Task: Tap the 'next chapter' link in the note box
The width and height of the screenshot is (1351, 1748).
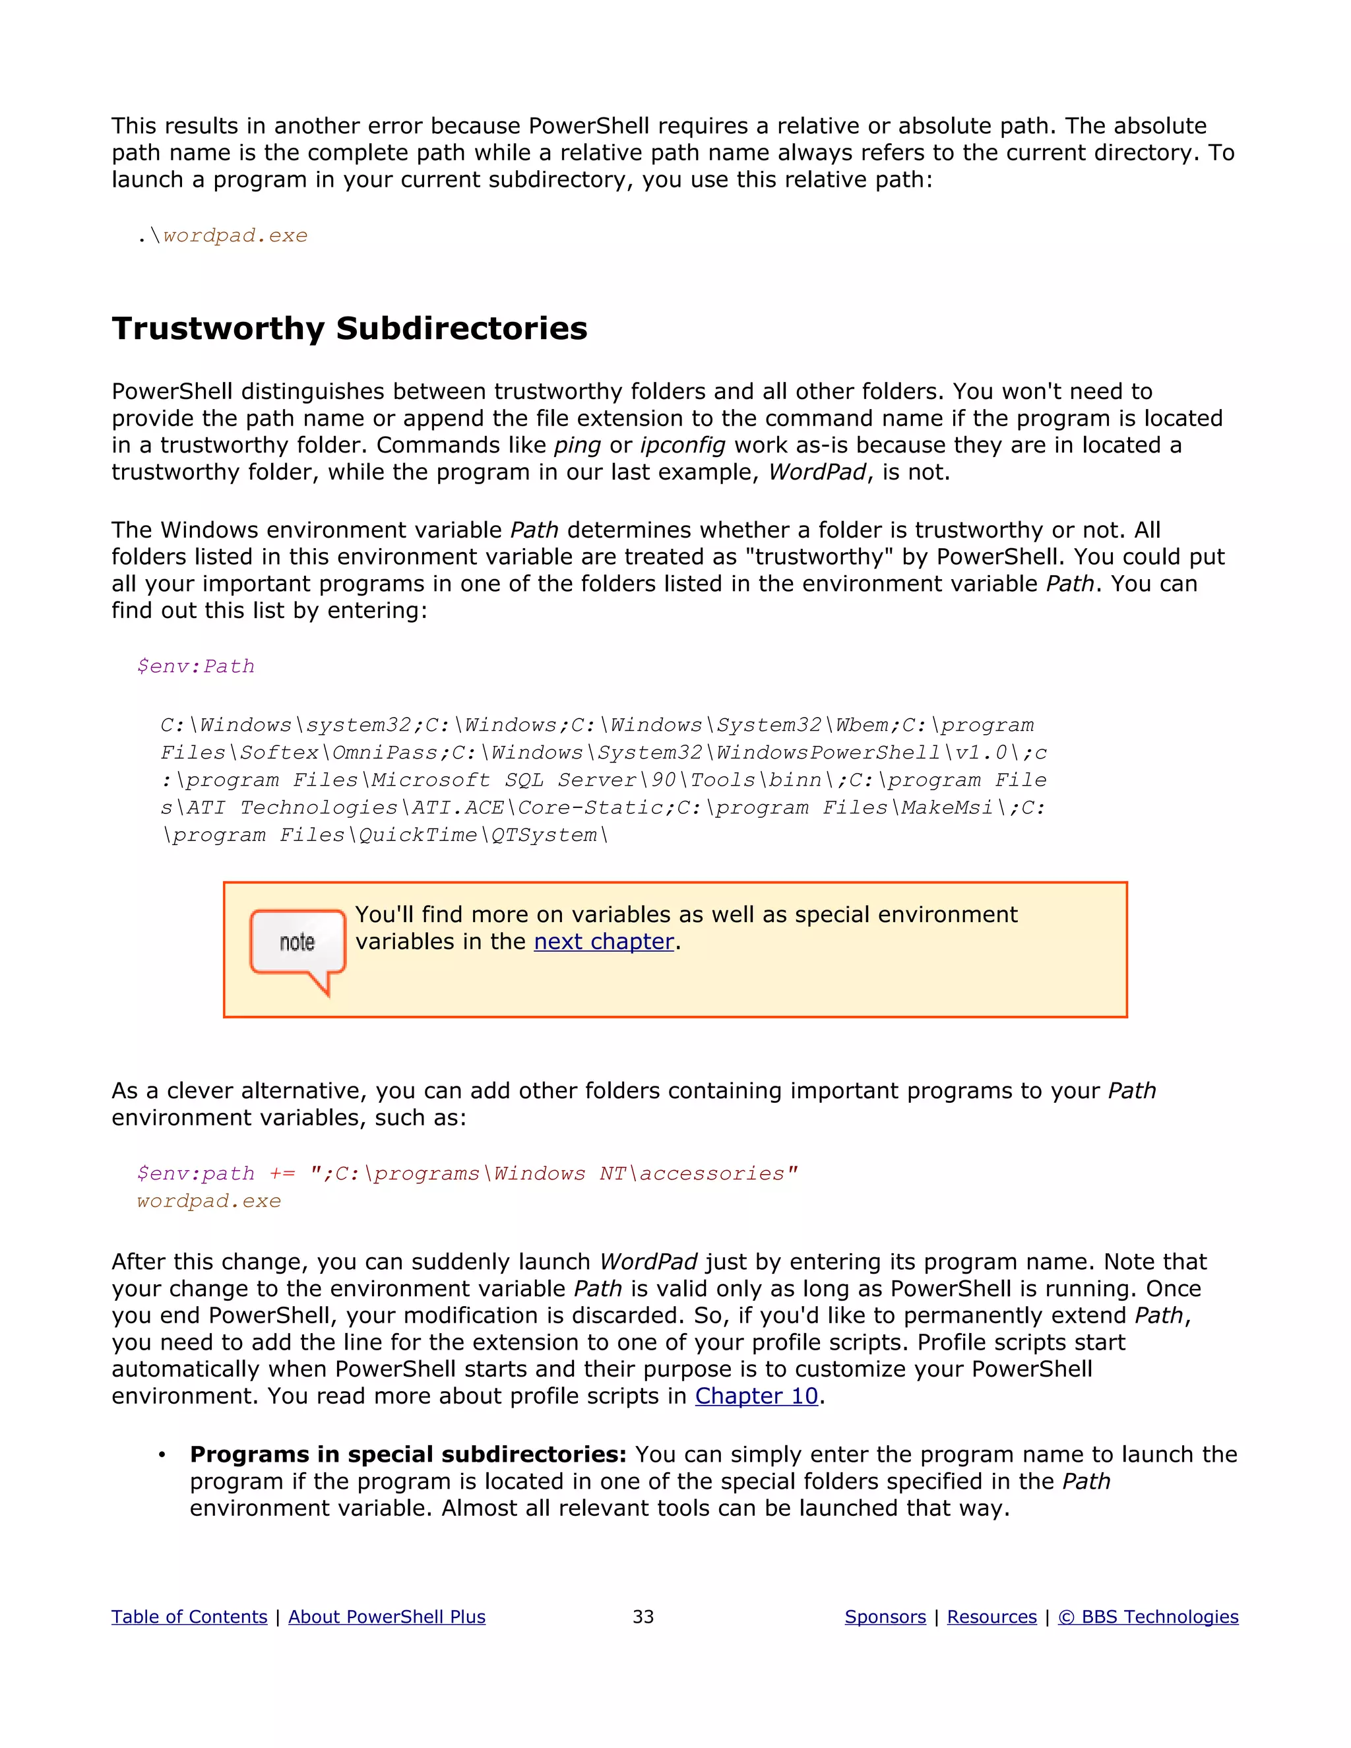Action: pyautogui.click(x=604, y=942)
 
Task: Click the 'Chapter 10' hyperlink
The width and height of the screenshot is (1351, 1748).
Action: pyautogui.click(x=757, y=1396)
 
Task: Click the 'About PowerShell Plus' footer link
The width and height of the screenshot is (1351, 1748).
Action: pyautogui.click(x=387, y=1617)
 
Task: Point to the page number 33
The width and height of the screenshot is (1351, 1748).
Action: pyautogui.click(x=643, y=1617)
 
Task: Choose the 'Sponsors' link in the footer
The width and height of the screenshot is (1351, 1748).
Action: pyautogui.click(x=885, y=1617)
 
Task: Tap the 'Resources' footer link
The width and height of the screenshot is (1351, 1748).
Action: pyautogui.click(x=991, y=1617)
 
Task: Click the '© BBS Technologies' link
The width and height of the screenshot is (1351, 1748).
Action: pyautogui.click(x=1148, y=1617)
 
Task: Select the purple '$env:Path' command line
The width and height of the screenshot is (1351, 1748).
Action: pyautogui.click(x=195, y=667)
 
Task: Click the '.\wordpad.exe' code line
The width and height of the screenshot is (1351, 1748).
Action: pyautogui.click(x=222, y=236)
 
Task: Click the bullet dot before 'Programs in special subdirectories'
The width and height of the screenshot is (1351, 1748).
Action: pyautogui.click(x=162, y=1455)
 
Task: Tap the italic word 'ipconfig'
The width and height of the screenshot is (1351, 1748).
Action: pyautogui.click(x=683, y=445)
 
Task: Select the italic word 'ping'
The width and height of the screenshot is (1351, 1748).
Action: pyautogui.click(x=577, y=445)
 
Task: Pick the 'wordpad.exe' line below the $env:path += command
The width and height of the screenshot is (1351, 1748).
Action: pyautogui.click(x=209, y=1201)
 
